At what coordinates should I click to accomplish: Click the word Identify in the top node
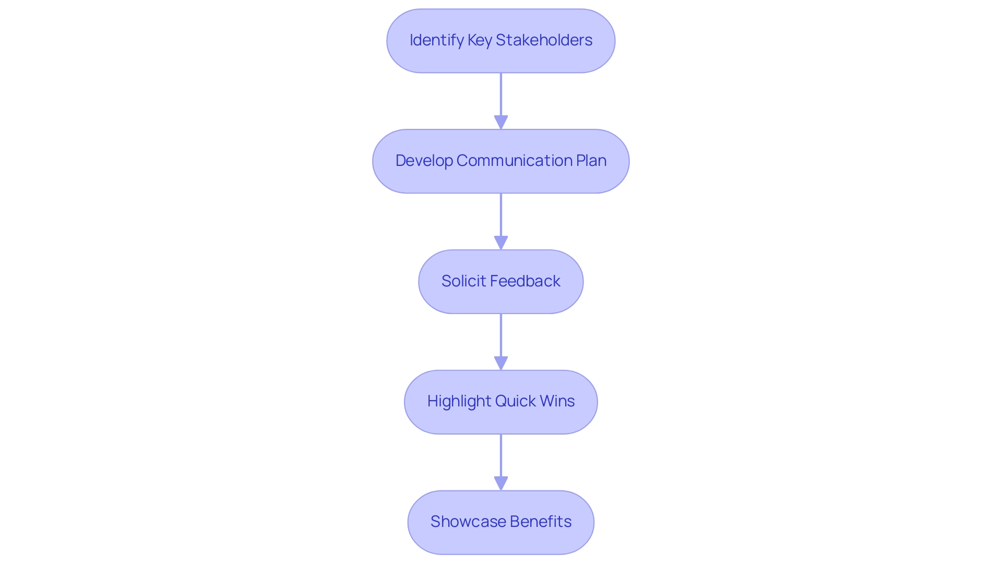click(436, 40)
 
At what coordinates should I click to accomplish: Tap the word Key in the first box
click(480, 40)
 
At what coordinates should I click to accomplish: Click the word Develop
click(424, 161)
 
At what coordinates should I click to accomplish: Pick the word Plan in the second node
click(591, 161)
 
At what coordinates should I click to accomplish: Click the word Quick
click(515, 401)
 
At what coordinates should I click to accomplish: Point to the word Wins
click(557, 401)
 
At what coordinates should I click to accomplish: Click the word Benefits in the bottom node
click(541, 522)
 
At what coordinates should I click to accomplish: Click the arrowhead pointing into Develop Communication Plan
click(501, 122)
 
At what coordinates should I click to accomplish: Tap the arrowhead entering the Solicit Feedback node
click(501, 243)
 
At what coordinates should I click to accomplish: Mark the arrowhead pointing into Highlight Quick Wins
click(501, 363)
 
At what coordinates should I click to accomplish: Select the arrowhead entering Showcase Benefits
click(501, 483)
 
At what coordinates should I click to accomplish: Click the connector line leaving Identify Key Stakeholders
click(501, 94)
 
